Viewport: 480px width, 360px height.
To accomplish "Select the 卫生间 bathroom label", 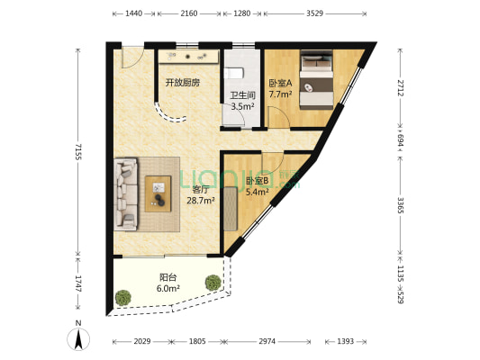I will pyautogui.click(x=241, y=95).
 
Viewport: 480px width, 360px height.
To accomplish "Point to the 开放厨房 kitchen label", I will pyautogui.click(x=181, y=83).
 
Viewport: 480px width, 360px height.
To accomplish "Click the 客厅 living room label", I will pyautogui.click(x=200, y=190).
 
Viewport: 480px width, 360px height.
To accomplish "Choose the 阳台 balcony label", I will pyautogui.click(x=168, y=277).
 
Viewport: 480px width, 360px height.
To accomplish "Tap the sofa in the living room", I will pyautogui.click(x=127, y=185).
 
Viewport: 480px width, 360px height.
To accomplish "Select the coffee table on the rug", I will pyautogui.click(x=161, y=189).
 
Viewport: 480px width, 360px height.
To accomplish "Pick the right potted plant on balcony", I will pyautogui.click(x=213, y=282).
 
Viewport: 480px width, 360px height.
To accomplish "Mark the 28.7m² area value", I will pyautogui.click(x=200, y=201).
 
